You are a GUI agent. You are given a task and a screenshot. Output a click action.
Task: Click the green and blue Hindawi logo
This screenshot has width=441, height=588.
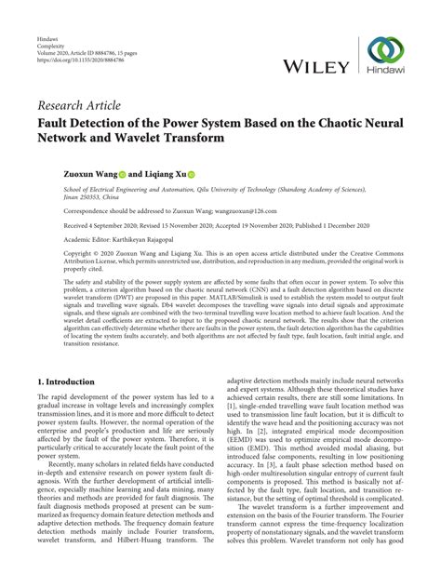(x=385, y=54)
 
